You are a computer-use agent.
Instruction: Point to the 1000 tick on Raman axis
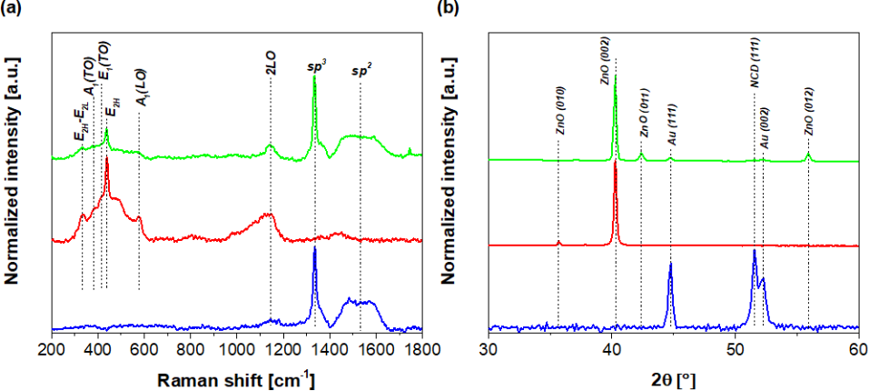(x=236, y=348)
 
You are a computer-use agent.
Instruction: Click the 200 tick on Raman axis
(x=52, y=348)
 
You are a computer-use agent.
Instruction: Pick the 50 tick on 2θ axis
(x=735, y=348)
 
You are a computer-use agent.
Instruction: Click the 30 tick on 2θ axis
(x=489, y=348)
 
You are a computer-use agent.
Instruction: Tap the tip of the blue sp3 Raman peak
(x=314, y=247)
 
